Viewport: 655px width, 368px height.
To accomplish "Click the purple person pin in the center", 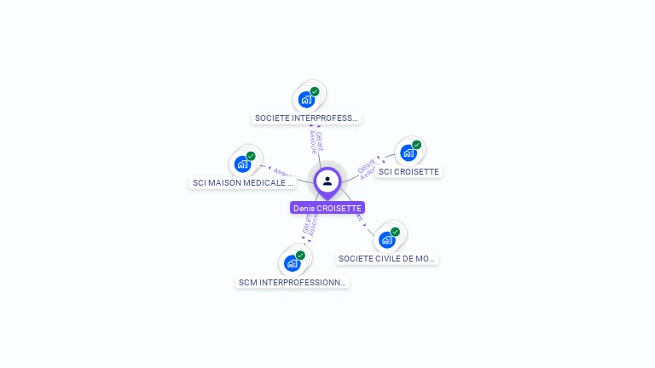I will pos(327,181).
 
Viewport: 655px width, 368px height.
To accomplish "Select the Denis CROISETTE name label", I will pos(327,208).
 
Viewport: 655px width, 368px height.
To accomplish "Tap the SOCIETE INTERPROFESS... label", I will pos(307,118).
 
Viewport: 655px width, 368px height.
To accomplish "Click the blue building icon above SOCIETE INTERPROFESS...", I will pos(306,99).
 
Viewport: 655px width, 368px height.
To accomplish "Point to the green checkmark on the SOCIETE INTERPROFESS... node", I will pos(315,91).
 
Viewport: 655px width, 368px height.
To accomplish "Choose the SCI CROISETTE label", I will pos(409,171).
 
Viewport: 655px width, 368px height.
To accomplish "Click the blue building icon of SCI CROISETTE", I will pos(408,152).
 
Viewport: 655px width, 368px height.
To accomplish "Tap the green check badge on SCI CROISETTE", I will pos(416,145).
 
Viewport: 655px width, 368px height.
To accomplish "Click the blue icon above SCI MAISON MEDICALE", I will pos(242,164).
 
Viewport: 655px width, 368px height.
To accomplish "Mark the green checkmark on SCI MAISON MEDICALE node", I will pos(251,156).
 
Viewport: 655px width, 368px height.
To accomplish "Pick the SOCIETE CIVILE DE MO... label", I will pos(387,258).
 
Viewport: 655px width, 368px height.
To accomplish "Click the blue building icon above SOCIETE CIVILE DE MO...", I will pos(386,239).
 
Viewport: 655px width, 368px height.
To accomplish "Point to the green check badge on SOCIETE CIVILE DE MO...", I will pos(395,232).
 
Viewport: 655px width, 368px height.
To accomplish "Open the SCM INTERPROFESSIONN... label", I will pos(293,282).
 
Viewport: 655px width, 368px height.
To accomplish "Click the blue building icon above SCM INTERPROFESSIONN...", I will pos(292,263).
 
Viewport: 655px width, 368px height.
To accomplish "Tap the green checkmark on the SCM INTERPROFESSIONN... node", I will pos(300,256).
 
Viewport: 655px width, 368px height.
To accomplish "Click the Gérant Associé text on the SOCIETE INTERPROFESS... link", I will pos(316,141).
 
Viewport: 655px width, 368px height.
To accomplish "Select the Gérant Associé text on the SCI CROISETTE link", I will pos(368,168).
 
